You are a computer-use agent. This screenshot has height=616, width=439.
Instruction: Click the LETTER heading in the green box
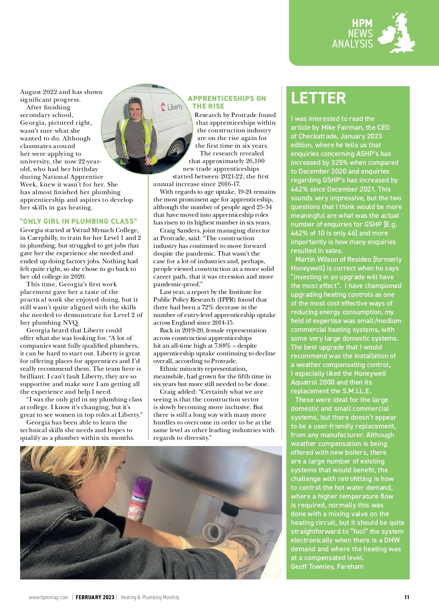coord(318,98)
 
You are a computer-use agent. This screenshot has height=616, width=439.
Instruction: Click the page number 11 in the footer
coord(407,597)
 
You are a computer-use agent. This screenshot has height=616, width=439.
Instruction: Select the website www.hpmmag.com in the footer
coord(48,597)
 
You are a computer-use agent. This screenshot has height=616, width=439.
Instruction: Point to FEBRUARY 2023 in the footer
coord(95,597)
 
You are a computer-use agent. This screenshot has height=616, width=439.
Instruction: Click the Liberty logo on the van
coord(172,107)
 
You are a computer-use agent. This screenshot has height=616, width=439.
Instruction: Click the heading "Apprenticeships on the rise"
coord(227,102)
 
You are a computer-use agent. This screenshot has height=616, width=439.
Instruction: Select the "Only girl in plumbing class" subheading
coord(79,221)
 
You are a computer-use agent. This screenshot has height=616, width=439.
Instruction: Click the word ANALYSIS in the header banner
coord(352,44)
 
